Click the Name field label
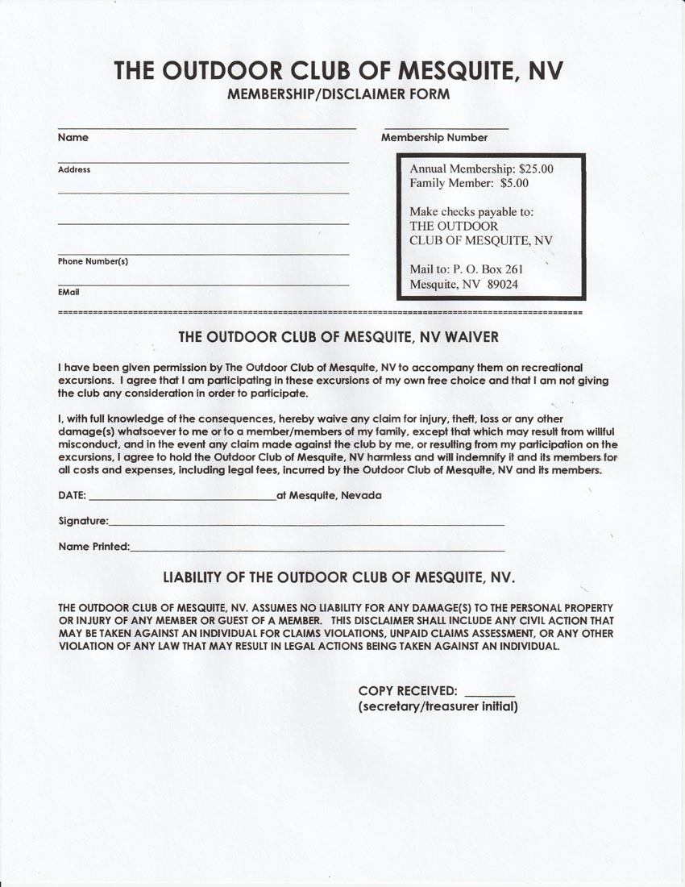pos(73,138)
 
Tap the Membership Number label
pos(434,138)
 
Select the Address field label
pos(74,170)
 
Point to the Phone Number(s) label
pos(93,261)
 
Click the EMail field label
pos(68,292)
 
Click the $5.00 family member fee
pos(514,183)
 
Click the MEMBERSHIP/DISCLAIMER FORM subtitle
pos(338,94)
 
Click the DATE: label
pos(72,495)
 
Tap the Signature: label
pos(83,521)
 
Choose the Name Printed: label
pos(93,547)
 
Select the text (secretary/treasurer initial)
pos(438,707)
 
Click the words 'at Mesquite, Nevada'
pos(329,495)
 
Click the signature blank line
pos(306,524)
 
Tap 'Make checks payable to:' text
pos(471,212)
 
